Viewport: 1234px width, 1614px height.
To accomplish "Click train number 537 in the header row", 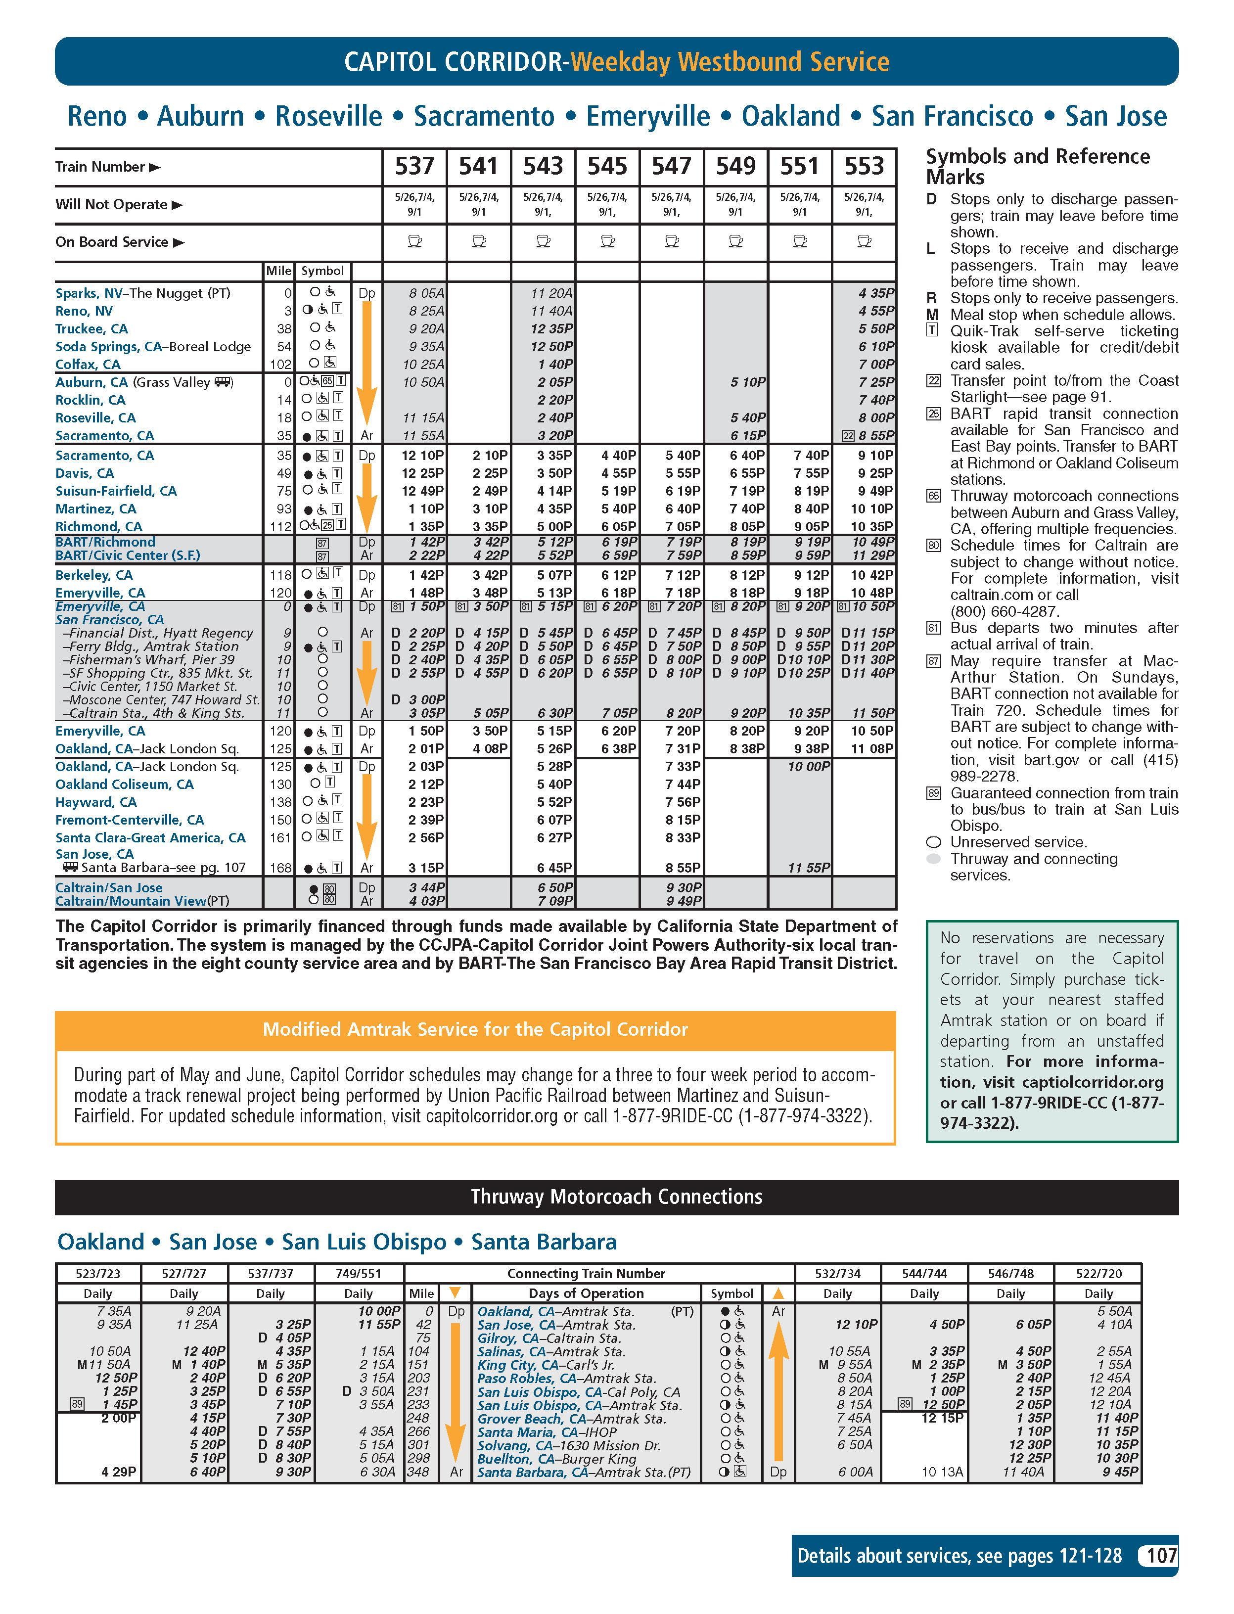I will click(x=414, y=167).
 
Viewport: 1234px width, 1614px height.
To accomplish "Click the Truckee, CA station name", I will click(x=91, y=328).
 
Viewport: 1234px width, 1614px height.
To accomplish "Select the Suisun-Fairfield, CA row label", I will click(x=115, y=491).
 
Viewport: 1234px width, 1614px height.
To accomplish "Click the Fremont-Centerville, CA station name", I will click(x=129, y=820).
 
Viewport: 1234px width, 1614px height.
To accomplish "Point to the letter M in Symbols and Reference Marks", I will click(x=932, y=315).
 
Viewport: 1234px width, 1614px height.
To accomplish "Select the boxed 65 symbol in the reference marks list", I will click(x=933, y=496).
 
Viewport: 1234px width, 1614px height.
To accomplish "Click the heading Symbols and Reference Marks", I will click(x=1037, y=167).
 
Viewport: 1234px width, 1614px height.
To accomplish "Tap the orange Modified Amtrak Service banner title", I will click(x=475, y=1029).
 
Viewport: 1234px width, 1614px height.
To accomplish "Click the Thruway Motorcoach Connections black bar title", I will click(x=616, y=1197).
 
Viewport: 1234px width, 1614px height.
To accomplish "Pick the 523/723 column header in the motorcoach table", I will click(x=98, y=1273).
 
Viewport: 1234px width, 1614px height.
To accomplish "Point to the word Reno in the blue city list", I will click(x=97, y=116).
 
